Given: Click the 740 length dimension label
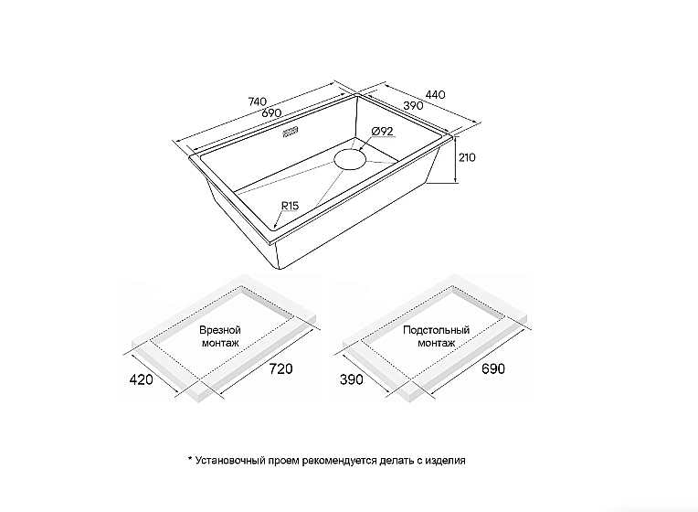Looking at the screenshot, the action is [258, 102].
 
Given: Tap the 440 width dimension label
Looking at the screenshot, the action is [436, 94].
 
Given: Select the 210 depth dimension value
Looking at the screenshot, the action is [467, 157].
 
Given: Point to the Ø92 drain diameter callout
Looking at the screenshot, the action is [382, 132].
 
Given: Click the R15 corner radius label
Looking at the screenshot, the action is [290, 206].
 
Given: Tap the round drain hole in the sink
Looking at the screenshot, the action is [350, 159].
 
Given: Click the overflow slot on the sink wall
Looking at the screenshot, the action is [291, 132].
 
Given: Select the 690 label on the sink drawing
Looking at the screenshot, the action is [271, 112].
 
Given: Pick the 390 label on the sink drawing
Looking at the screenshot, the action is [413, 106].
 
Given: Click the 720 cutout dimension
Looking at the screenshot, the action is [280, 369].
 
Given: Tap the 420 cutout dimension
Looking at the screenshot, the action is [141, 379].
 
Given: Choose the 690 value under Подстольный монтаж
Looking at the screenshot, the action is [493, 369].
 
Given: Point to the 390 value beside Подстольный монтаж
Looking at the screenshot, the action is [352, 379].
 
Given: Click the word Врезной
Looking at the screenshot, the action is [220, 330].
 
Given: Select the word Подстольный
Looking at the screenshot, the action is [437, 330].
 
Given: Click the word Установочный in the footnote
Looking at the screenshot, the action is [230, 460].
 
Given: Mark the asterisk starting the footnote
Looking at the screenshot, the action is [190, 459].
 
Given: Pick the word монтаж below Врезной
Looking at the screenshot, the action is [220, 343].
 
